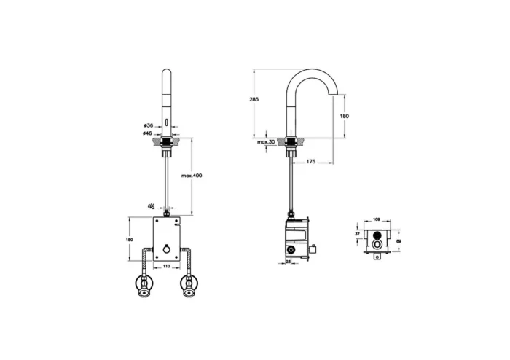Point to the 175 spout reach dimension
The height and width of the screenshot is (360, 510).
tap(310, 162)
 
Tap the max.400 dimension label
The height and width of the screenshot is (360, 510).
tap(193, 176)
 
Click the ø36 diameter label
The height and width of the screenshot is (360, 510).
tap(148, 125)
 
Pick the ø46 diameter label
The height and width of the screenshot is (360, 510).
tap(148, 134)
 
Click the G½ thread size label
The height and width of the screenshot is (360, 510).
tap(151, 206)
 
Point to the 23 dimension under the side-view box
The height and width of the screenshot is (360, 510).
tap(289, 262)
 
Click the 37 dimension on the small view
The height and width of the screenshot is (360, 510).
tap(357, 235)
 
